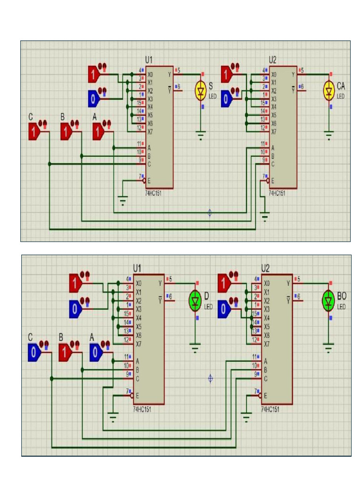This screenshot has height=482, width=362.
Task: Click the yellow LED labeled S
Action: point(201,91)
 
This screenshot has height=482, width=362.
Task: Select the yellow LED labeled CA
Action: point(329,91)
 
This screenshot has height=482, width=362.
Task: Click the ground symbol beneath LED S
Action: point(201,137)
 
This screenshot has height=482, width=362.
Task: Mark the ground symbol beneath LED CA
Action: point(329,137)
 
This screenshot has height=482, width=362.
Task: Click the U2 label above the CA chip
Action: point(273,60)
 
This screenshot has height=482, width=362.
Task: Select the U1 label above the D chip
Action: point(137,268)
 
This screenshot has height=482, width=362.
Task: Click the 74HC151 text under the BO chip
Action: point(270,409)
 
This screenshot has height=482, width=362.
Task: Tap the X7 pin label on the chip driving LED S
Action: point(150,131)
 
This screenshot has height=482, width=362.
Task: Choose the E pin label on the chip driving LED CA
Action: point(272,181)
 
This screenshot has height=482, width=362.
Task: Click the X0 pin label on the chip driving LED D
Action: point(139,283)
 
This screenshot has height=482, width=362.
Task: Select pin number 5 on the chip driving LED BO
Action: point(301,279)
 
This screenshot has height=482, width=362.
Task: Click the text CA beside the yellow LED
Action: point(342,87)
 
